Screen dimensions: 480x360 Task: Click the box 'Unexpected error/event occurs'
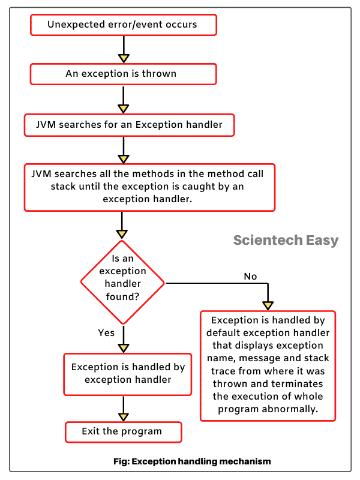122,25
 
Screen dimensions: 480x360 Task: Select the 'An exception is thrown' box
122,74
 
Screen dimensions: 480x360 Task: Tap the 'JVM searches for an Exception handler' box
128,125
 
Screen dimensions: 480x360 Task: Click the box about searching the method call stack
149,186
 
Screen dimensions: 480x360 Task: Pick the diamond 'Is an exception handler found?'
123,282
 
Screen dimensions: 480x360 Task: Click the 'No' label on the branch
250,276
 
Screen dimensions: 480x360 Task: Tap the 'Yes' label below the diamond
106,332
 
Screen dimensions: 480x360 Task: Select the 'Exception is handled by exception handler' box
127,373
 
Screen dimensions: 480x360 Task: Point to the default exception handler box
268,365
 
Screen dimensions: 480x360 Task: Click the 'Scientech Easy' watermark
286,241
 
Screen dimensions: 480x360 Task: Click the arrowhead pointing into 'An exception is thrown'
123,58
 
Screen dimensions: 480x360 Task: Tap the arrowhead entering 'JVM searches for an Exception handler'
123,109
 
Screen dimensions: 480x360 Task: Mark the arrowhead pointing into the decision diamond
123,234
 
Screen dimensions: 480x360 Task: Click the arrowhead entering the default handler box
268,305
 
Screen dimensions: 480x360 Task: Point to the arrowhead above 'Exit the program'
123,416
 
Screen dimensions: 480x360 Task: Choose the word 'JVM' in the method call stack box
41,173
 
